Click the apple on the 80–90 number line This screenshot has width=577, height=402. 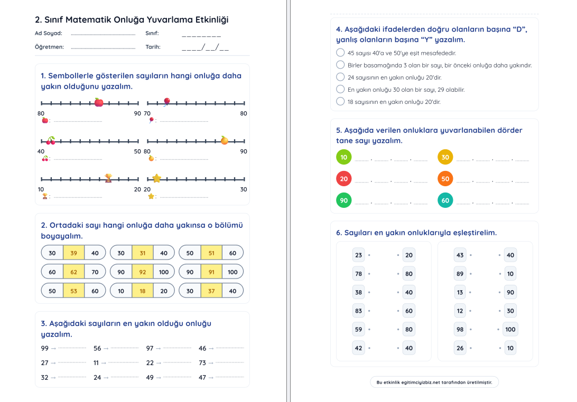pos(99,102)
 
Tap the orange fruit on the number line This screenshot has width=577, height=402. pos(225,140)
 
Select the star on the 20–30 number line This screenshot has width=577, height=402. pos(156,178)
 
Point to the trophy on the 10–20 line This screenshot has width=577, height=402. pos(108,178)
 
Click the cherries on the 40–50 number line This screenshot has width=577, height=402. pos(51,140)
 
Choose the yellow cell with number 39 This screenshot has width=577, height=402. pos(73,253)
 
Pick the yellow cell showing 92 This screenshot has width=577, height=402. pos(143,272)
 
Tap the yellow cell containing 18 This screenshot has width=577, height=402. pos(143,291)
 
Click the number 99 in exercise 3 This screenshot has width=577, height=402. pos(44,348)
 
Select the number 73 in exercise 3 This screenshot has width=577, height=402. pos(202,363)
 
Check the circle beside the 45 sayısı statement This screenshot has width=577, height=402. pos(340,53)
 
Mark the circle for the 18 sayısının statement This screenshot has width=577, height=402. pos(340,101)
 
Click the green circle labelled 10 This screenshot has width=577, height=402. pos(344,157)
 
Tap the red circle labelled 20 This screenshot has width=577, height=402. pos(344,179)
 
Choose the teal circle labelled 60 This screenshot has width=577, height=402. pos(445,200)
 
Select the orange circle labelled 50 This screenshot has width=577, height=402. pos(445,179)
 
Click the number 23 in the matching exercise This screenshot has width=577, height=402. pos(359,255)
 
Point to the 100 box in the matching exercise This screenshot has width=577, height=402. pos(510,329)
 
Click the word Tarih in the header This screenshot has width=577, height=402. pos(153,47)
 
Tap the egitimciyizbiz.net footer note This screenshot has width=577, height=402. pos(434,382)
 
